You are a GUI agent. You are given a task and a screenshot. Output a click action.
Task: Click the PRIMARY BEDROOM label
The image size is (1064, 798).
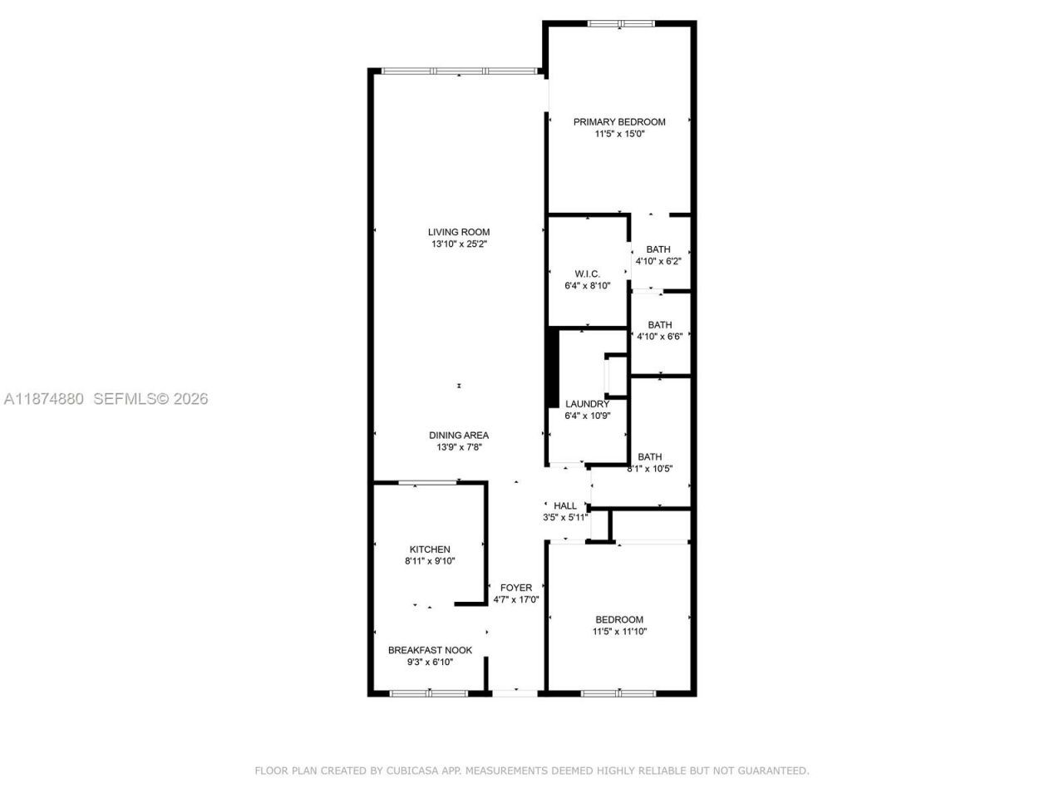(619, 122)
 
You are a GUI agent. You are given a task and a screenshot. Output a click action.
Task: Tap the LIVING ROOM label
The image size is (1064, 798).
(459, 233)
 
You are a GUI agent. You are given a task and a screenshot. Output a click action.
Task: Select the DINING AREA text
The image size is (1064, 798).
(459, 436)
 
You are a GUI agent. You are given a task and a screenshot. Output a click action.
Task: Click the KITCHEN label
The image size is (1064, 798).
(430, 549)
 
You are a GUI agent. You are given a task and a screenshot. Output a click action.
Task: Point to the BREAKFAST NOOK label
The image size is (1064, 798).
(430, 651)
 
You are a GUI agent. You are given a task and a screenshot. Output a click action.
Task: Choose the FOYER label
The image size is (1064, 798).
(516, 588)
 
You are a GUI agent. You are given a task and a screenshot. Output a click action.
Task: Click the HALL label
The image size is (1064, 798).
(565, 505)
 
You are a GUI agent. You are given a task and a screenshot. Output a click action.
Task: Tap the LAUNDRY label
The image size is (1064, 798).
(587, 405)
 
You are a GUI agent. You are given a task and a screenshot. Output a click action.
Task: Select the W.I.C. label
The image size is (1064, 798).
(587, 274)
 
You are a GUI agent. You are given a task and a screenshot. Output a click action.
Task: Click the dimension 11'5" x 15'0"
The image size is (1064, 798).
(619, 134)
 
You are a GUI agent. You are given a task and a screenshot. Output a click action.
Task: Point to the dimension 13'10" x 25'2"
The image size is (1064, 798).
(459, 244)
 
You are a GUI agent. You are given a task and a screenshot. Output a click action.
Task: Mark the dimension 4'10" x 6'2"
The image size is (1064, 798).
(659, 261)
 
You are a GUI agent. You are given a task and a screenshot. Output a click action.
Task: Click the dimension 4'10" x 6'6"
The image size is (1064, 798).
(660, 337)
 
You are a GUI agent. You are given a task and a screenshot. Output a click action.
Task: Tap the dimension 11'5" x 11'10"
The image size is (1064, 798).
(619, 632)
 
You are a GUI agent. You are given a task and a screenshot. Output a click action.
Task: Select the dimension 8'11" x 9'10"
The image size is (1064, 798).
(430, 561)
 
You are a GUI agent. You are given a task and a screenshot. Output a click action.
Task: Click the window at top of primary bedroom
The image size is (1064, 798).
(620, 23)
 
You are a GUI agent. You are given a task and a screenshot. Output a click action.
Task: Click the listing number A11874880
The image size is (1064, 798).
(44, 399)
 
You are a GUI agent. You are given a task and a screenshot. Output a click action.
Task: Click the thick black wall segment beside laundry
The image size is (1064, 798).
(552, 368)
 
